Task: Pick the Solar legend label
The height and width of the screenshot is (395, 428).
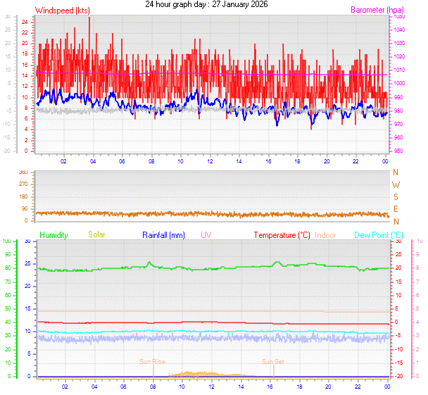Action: tap(96, 234)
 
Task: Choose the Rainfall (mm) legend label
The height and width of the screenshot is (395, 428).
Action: tap(163, 234)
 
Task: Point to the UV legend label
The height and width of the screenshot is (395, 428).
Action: tap(206, 234)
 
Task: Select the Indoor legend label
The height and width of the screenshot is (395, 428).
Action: tap(325, 234)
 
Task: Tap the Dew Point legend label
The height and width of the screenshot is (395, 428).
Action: tap(378, 234)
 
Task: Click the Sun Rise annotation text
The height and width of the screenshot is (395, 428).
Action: tap(152, 362)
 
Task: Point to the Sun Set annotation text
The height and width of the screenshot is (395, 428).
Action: tap(273, 362)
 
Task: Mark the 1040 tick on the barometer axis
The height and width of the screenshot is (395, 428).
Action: tap(400, 30)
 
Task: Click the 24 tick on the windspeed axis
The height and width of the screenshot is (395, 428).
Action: tap(25, 22)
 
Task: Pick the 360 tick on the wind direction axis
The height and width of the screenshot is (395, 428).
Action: tap(23, 173)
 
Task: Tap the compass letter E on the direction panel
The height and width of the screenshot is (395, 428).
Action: tap(396, 210)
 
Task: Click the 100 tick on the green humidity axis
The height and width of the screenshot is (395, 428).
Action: tap(6, 242)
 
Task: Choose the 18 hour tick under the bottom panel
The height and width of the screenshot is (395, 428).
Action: tap(299, 386)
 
